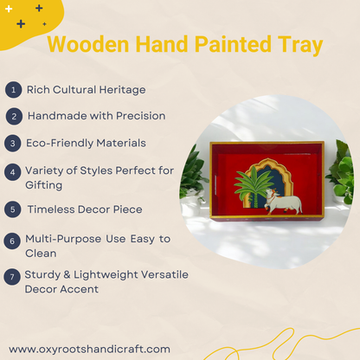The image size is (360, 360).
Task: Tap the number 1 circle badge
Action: click(13, 89)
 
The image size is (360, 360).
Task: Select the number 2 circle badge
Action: click(13, 115)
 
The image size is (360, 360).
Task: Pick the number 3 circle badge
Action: click(13, 142)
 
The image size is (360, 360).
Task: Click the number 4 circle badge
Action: click(13, 171)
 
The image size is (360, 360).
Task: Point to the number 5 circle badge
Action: click(13, 209)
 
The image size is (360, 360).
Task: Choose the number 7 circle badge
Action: click(13, 277)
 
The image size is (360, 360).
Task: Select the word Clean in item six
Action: click(41, 254)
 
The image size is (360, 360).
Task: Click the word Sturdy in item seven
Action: click(43, 275)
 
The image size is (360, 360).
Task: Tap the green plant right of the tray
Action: click(343, 173)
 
